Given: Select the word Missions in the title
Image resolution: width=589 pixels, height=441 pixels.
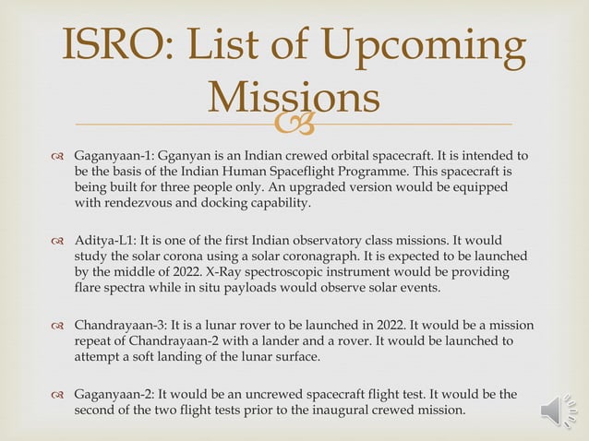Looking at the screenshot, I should point(294,97).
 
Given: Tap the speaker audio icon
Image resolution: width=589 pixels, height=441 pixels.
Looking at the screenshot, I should point(559,410).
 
